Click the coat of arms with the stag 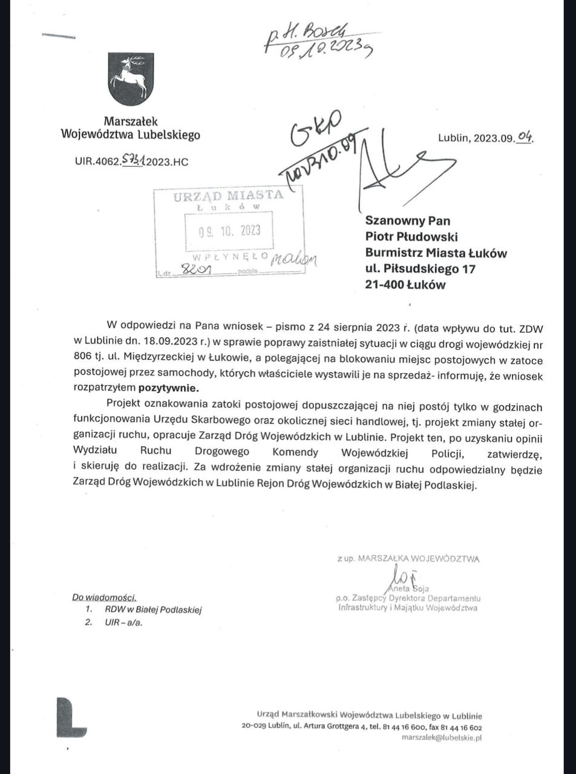[131, 79]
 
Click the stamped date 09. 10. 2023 [229, 232]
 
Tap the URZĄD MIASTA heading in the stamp [228, 195]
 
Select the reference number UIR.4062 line [132, 161]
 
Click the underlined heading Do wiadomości [104, 597]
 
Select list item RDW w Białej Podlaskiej [152, 610]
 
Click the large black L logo [71, 718]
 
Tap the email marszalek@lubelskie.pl [441, 738]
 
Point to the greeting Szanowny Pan [408, 221]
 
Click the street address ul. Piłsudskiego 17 [421, 268]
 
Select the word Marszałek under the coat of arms [131, 122]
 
